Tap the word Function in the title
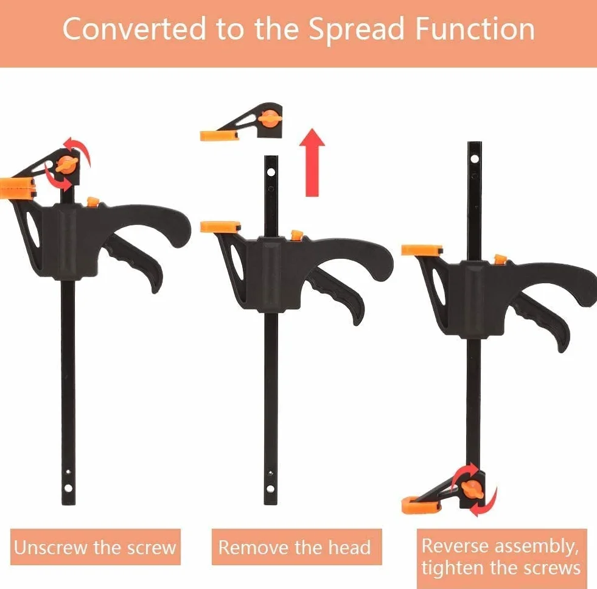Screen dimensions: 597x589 point(475,29)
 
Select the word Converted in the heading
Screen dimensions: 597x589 point(134,29)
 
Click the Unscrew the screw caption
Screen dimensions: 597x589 point(95,547)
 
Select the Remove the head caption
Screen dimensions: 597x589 point(295,547)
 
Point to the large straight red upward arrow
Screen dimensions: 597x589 point(312,163)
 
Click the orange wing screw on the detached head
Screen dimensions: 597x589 point(270,119)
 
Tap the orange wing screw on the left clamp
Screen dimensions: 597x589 point(67,165)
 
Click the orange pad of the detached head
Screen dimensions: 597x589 point(219,136)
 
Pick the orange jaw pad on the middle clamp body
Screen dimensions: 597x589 point(220,227)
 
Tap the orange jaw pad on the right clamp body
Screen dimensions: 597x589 point(422,250)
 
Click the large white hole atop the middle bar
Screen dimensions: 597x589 point(271,172)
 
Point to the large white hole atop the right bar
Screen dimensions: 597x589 point(475,158)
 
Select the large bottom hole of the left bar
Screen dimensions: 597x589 point(68,488)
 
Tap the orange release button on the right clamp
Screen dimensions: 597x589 point(500,259)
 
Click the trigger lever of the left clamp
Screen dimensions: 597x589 point(135,261)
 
